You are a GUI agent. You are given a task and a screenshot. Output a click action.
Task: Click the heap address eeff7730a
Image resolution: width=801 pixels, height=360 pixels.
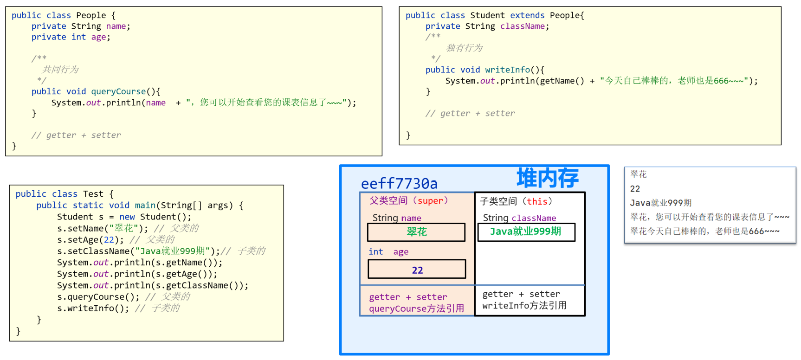[399, 184]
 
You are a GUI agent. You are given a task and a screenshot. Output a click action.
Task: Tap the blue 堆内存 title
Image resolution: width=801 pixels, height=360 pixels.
[547, 178]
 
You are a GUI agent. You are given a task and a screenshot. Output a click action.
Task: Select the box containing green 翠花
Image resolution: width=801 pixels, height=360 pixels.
[416, 232]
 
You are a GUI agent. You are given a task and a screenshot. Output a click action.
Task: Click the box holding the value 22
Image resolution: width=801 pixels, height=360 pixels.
[417, 270]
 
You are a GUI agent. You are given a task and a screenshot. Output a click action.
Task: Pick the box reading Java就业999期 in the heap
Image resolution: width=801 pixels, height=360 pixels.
[526, 232]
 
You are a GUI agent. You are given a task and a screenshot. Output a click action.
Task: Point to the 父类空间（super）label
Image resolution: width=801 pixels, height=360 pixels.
[408, 200]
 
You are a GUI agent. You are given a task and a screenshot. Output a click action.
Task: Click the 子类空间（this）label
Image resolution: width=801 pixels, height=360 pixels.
[516, 201]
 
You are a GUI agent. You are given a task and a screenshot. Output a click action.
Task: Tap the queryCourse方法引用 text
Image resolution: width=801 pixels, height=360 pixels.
[416, 309]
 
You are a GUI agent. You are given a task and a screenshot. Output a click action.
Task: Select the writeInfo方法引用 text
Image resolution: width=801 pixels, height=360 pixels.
[524, 305]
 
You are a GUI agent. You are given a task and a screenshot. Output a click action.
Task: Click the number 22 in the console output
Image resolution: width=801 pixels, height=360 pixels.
[635, 189]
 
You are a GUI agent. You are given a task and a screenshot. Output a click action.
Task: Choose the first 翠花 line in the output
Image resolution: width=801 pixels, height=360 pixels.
[639, 174]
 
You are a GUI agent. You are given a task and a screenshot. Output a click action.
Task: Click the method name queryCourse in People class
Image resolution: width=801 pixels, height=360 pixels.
[118, 91]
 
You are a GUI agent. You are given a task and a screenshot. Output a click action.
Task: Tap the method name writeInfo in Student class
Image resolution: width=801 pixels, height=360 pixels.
[507, 70]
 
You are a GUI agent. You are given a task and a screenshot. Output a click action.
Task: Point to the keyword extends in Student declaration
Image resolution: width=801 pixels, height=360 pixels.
[527, 15]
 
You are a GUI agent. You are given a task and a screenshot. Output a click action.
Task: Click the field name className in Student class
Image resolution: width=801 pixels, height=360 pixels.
[522, 26]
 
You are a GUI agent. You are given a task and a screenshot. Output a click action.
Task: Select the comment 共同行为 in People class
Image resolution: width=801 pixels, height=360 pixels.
[60, 70]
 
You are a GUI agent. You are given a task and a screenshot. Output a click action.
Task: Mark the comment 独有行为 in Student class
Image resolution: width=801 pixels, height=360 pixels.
[464, 48]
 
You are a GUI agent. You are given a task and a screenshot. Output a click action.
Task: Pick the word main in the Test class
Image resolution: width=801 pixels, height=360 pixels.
[145, 205]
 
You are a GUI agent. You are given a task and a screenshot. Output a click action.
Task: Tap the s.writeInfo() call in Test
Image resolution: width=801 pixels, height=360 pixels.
[93, 308]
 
